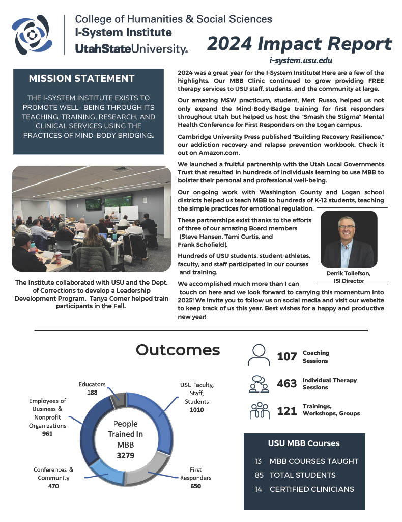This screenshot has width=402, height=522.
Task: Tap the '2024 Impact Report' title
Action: click(299, 44)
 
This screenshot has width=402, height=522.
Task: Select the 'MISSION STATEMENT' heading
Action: click(81, 79)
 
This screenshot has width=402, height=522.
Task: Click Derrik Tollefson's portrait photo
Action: click(349, 240)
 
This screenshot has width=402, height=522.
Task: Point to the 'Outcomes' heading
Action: click(178, 350)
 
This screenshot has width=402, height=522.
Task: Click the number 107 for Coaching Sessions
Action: click(286, 357)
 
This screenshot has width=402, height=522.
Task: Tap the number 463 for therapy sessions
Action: click(286, 384)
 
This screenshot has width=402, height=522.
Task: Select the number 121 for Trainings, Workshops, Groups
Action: click(286, 411)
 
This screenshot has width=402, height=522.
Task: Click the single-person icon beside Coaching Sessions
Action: click(259, 355)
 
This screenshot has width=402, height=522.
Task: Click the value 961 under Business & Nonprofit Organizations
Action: click(47, 434)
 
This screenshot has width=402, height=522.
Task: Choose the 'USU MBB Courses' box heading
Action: click(304, 443)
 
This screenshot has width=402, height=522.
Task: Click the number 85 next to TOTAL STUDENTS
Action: click(259, 475)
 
